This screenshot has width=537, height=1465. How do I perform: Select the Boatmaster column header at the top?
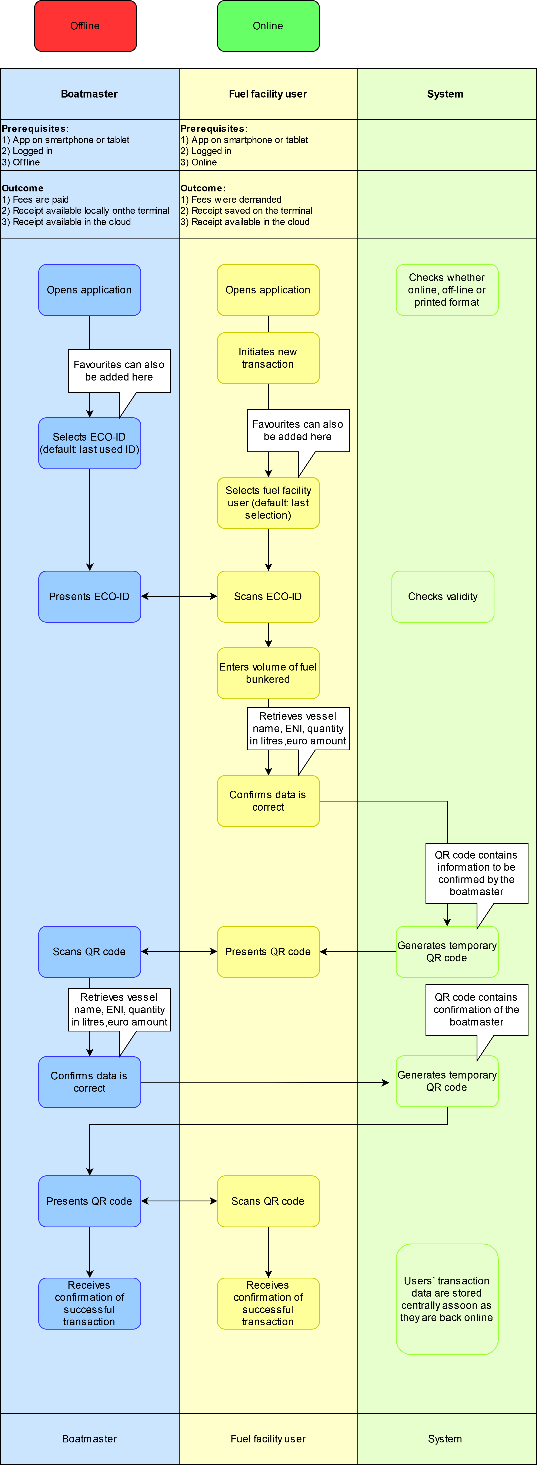pyautogui.click(x=89, y=94)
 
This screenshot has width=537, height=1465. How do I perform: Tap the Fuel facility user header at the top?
pyautogui.click(x=268, y=94)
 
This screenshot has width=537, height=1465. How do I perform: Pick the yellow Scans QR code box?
pyautogui.click(x=268, y=1201)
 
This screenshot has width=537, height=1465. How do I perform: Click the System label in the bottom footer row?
pyautogui.click(x=445, y=1439)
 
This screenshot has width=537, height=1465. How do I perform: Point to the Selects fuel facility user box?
pyautogui.click(x=268, y=503)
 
